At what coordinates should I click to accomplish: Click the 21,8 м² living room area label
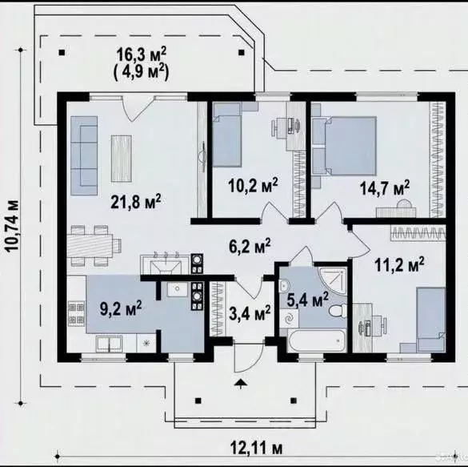(x=136, y=202)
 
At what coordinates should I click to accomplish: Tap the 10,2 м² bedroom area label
(x=253, y=185)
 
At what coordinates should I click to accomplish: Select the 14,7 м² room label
(x=385, y=187)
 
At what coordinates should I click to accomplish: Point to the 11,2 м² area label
(x=399, y=264)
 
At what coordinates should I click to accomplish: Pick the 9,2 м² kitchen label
(x=121, y=308)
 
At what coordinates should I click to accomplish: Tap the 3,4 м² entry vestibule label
(x=250, y=313)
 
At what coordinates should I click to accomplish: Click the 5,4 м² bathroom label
(x=307, y=300)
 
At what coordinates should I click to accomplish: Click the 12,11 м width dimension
(x=256, y=448)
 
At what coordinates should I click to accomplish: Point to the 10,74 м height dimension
(x=13, y=226)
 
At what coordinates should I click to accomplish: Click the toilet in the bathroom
(x=338, y=310)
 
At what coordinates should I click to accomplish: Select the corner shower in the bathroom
(x=333, y=281)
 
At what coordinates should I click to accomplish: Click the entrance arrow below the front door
(x=241, y=384)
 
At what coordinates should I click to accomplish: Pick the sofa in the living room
(x=84, y=155)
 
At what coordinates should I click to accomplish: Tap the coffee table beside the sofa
(x=122, y=159)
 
